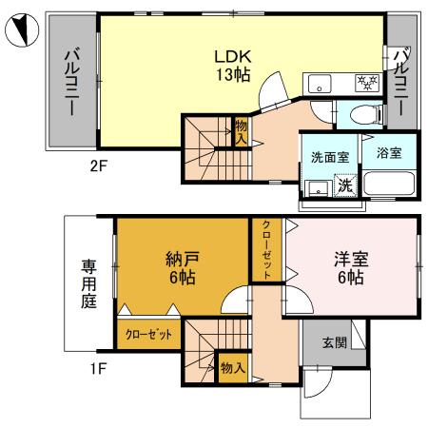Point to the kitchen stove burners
365,82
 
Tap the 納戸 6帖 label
174,268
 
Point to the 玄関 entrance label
334,343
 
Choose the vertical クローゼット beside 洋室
267,250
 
